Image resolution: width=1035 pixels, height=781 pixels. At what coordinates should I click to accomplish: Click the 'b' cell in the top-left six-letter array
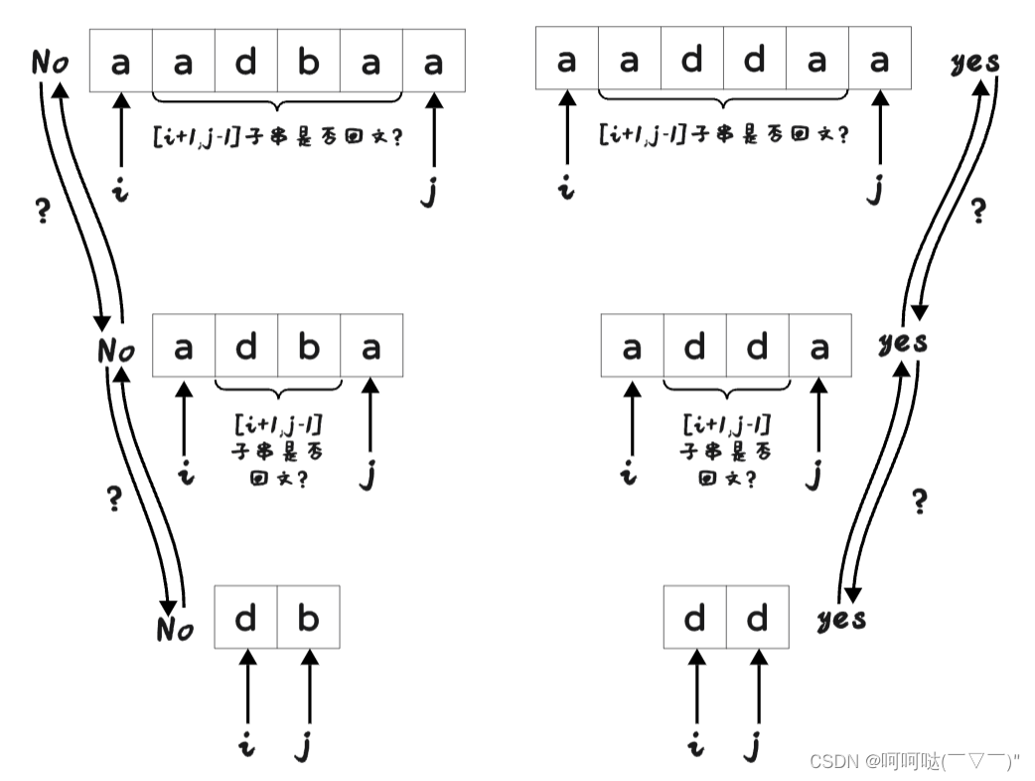click(309, 62)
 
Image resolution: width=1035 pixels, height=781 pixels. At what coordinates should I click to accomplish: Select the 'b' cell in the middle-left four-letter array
click(309, 346)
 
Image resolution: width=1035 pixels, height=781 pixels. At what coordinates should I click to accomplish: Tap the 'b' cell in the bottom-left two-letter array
click(309, 617)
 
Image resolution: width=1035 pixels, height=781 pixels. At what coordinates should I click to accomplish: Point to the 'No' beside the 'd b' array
click(175, 628)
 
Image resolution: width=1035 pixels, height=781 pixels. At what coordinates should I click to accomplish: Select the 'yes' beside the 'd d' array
click(840, 619)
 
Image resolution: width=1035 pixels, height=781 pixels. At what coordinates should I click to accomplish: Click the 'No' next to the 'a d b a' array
click(116, 350)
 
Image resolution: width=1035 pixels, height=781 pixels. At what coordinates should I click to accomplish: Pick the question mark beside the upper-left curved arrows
click(42, 212)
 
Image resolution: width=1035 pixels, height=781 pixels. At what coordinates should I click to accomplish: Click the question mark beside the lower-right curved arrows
click(920, 502)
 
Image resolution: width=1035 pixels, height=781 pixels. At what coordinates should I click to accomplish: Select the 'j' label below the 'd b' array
click(304, 745)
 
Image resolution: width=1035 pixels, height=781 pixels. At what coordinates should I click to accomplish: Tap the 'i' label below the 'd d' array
click(695, 744)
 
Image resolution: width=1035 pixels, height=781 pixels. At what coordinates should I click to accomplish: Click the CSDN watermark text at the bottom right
click(914, 761)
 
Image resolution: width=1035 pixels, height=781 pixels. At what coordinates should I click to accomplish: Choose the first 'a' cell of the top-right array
click(566, 60)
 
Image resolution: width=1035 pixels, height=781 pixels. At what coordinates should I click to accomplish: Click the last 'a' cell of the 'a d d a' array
click(819, 346)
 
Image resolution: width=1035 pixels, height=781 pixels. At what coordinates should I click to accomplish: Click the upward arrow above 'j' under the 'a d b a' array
click(370, 417)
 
